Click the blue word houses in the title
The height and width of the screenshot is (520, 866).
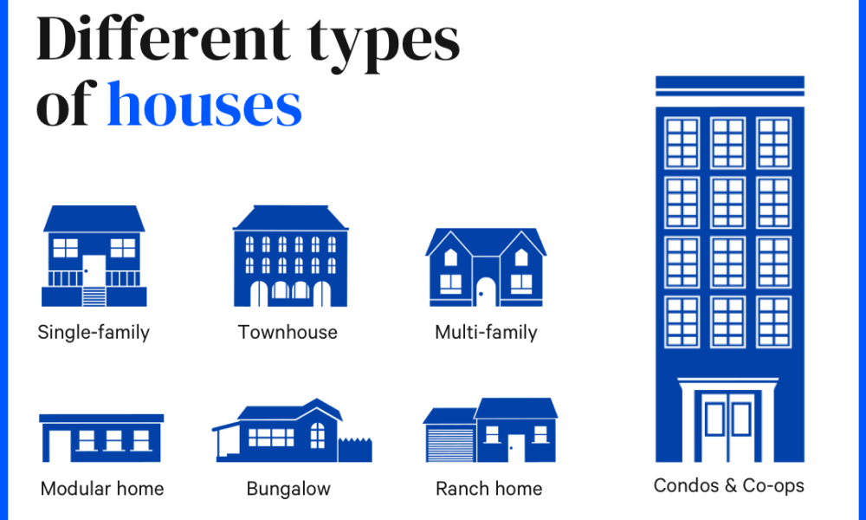[204, 104]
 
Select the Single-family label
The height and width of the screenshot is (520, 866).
[94, 333]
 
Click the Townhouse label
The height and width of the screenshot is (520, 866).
[288, 332]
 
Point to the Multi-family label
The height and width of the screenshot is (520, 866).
[486, 333]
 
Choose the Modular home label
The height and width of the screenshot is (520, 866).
[102, 489]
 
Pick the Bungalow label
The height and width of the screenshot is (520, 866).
[288, 489]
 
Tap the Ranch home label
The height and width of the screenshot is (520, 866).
[488, 489]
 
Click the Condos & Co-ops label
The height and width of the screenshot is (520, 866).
[728, 485]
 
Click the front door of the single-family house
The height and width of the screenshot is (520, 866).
[94, 270]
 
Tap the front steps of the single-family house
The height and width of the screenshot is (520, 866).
[94, 296]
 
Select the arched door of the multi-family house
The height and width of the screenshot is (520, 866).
[486, 291]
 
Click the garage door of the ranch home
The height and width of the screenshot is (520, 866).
[450, 445]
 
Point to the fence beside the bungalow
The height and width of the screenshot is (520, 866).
[355, 450]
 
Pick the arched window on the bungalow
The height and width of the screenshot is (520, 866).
[318, 435]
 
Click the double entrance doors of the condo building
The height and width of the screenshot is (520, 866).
[728, 426]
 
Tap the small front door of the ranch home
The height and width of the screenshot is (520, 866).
[516, 447]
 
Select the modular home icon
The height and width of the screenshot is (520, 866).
[101, 438]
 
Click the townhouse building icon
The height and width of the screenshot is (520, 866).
[290, 256]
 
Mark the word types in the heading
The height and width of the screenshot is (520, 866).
[384, 44]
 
